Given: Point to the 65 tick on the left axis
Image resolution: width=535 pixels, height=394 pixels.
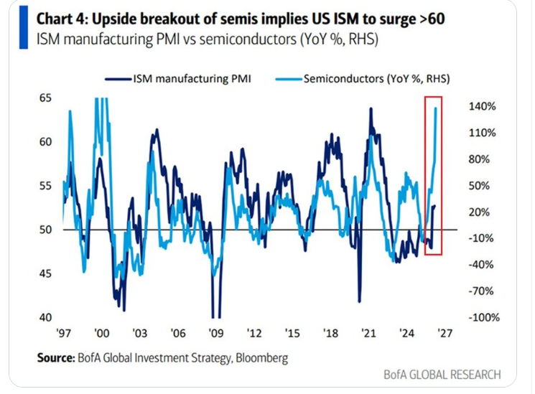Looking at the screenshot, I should [47, 98].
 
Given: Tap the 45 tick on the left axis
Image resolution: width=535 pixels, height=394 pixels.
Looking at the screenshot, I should [47, 273].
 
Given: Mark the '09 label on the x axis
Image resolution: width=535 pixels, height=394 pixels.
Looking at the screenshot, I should [214, 334].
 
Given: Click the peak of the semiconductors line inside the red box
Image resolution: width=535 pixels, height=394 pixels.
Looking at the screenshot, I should [436, 108].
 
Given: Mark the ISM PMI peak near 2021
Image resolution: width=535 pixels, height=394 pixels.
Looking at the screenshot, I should [371, 108].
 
